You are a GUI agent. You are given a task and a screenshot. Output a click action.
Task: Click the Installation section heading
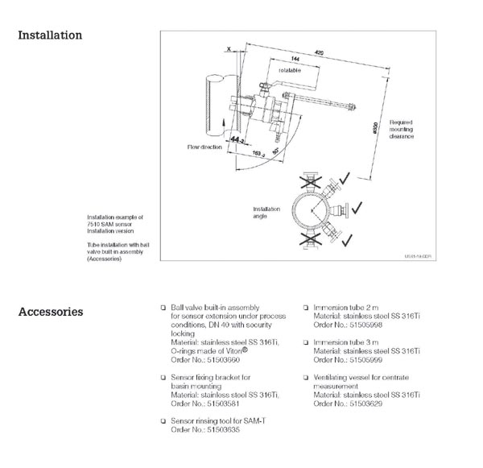point(49,35)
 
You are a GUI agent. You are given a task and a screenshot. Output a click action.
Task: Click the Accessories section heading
point(50,311)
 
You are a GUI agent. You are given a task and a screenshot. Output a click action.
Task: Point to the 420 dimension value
point(319,52)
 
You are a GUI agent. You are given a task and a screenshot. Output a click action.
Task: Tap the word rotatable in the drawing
point(290,71)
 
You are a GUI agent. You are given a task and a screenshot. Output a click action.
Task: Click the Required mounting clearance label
point(401,129)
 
